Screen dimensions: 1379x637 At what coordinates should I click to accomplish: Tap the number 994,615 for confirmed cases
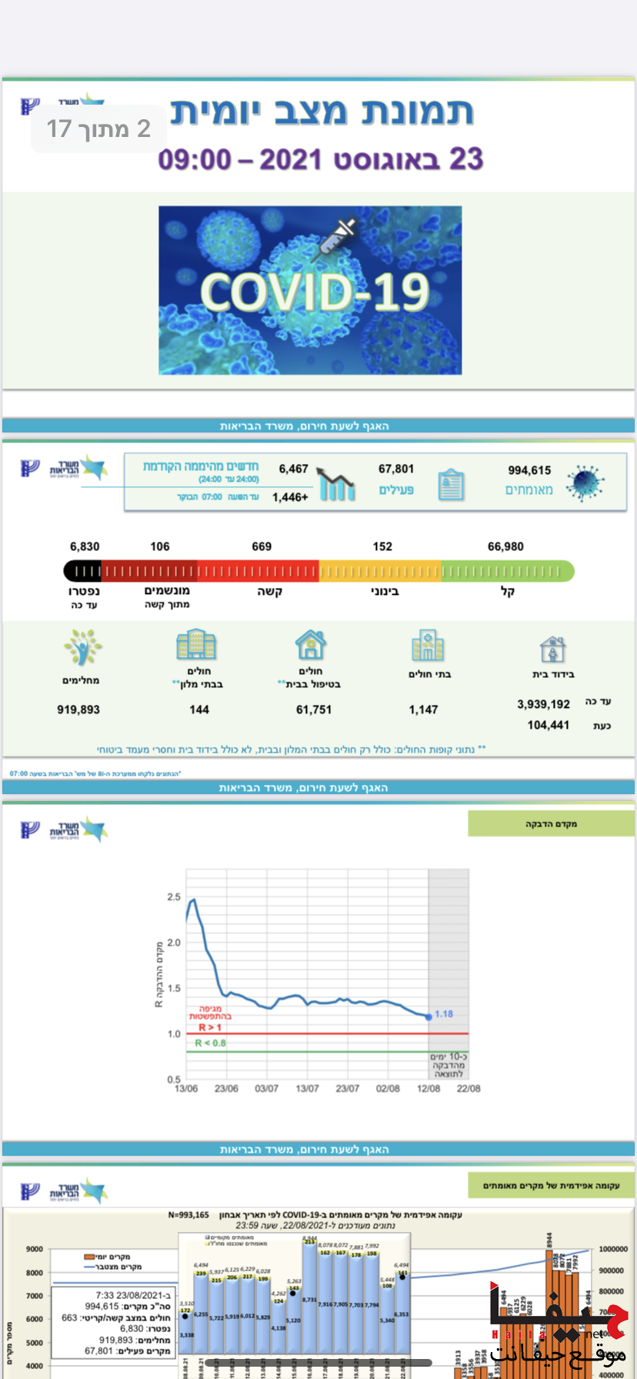[x=529, y=470]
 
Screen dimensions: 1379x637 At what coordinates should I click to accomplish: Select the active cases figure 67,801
[x=396, y=469]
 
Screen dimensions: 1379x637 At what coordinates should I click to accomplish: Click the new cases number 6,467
[x=293, y=469]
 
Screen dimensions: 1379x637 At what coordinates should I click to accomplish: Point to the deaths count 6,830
[x=85, y=546]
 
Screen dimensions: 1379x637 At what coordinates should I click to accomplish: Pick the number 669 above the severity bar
[x=262, y=546]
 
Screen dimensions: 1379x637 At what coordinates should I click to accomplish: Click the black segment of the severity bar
[x=82, y=571]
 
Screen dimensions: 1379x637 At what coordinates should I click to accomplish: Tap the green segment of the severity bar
[x=507, y=571]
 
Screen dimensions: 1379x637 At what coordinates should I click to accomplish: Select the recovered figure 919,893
[x=78, y=710]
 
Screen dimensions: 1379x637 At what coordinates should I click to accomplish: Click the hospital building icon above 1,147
[x=428, y=645]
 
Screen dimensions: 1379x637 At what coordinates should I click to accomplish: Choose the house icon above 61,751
[x=310, y=645]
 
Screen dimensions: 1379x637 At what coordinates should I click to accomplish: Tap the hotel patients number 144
[x=199, y=710]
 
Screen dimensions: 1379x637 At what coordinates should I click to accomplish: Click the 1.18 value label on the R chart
[x=444, y=1014]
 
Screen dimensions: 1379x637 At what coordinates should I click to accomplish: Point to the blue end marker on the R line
[x=429, y=1017]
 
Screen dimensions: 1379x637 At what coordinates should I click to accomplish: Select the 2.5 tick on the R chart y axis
[x=174, y=897]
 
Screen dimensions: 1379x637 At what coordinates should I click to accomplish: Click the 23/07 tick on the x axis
[x=347, y=1089]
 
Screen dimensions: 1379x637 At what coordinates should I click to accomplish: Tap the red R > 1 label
[x=210, y=1027]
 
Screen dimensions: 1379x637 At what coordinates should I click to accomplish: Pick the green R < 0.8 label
[x=211, y=1043]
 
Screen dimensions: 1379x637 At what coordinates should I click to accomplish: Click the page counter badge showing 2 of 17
[x=98, y=129]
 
